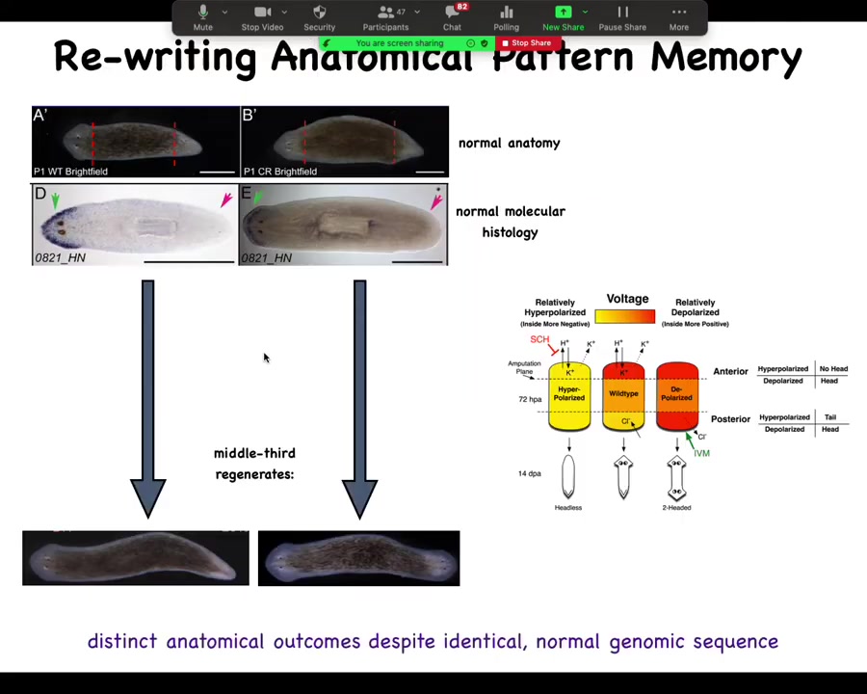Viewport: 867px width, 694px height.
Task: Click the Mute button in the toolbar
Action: click(202, 16)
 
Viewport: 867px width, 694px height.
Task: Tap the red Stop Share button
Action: click(526, 43)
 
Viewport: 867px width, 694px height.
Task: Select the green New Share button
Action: click(563, 16)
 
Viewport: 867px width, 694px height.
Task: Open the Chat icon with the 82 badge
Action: click(452, 16)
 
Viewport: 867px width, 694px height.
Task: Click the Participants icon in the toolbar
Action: click(385, 16)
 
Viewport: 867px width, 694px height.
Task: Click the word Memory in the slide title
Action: click(725, 57)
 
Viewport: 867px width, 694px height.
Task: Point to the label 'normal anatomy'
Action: click(509, 143)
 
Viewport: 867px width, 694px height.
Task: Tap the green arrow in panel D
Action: click(55, 200)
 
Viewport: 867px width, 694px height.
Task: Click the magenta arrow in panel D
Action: click(226, 199)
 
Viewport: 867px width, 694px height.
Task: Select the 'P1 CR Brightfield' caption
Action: click(280, 172)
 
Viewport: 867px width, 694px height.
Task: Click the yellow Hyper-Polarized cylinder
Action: click(569, 395)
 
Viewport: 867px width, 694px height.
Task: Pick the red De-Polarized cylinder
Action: click(676, 395)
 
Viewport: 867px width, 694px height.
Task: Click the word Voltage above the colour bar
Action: click(627, 299)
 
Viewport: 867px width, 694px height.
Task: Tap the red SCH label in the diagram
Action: click(539, 339)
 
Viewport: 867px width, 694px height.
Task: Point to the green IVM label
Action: click(701, 453)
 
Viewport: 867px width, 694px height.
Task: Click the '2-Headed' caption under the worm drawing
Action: click(676, 507)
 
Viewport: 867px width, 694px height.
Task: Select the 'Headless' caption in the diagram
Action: click(568, 507)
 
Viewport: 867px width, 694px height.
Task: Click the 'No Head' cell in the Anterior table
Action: click(832, 369)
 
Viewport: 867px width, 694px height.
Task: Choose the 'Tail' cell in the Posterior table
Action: click(829, 417)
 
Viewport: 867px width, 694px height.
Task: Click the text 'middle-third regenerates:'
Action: click(254, 464)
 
